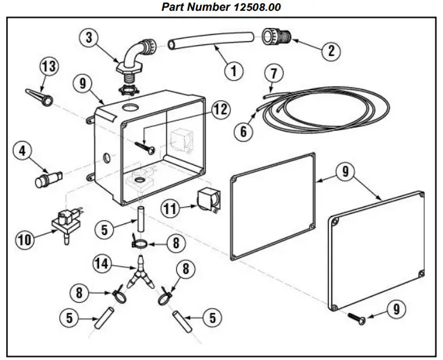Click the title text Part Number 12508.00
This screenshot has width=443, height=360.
coord(221,7)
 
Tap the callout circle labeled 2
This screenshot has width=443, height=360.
coord(330,50)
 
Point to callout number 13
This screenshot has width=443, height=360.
coord(49,66)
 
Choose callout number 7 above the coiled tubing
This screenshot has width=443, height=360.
coord(273,72)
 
